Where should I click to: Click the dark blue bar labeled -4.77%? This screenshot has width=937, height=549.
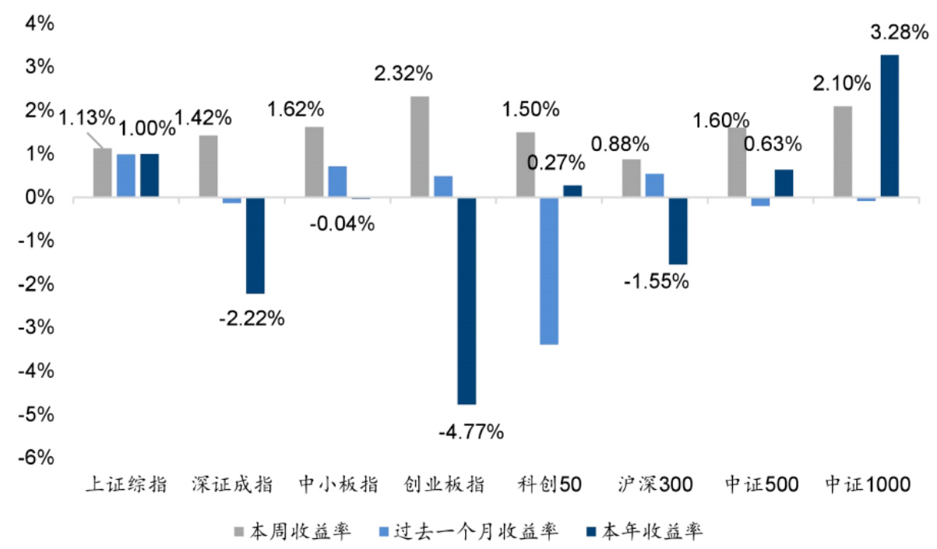point(467,301)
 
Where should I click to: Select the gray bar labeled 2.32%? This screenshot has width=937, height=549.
point(419,147)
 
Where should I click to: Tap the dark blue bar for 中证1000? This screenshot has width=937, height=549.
point(889,126)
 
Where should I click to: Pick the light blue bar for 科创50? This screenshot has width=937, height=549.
point(548,271)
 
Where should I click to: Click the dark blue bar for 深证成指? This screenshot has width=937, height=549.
point(255,245)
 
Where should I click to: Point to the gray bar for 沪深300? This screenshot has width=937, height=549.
point(631,178)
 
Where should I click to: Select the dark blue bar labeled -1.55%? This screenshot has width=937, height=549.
point(678,231)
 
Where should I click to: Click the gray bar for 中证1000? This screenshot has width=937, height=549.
point(843,152)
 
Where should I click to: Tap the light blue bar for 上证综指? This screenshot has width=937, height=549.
point(126,176)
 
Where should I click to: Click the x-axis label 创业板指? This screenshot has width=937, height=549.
point(444,484)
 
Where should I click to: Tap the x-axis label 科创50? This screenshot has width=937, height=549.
point(549,484)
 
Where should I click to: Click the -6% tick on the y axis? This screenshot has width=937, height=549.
point(37,458)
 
